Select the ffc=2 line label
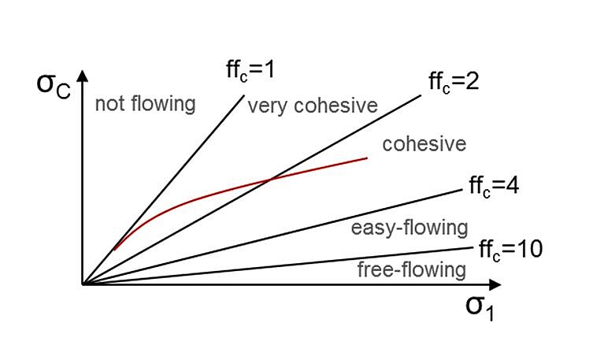pyautogui.click(x=454, y=80)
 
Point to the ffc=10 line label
pyautogui.click(x=510, y=250)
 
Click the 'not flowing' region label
pyautogui.click(x=145, y=103)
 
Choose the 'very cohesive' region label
pyautogui.click(x=313, y=106)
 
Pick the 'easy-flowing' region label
pyautogui.click(x=409, y=228)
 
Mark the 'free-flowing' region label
pyautogui.click(x=411, y=269)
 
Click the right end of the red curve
pyautogui.click(x=368, y=158)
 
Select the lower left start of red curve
pyautogui.click(x=115, y=250)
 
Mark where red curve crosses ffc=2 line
pyautogui.click(x=271, y=180)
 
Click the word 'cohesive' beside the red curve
pyautogui.click(x=424, y=144)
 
